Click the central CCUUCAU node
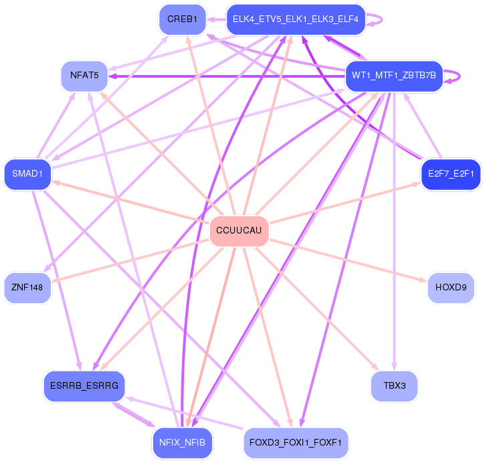(x=239, y=231)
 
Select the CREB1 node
(x=182, y=19)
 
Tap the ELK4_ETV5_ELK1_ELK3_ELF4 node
(x=295, y=19)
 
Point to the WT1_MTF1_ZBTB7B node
(x=393, y=76)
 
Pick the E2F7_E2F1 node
(x=451, y=174)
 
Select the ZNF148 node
(x=27, y=288)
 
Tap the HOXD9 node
(x=451, y=288)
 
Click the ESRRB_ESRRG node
(x=84, y=386)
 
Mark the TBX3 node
(x=395, y=386)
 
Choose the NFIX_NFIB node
(x=182, y=442)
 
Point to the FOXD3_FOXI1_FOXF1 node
(x=295, y=442)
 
